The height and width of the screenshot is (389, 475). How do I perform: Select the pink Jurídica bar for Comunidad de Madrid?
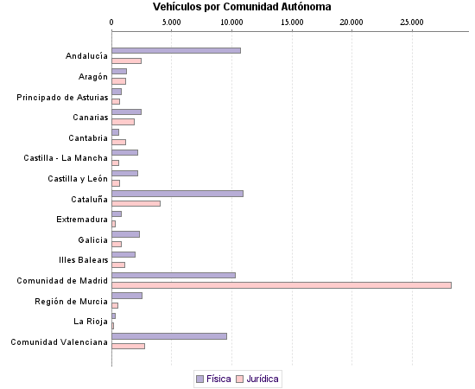[282, 285]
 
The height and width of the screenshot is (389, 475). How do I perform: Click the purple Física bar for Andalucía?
[176, 51]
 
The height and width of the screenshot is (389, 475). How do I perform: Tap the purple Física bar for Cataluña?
[177, 193]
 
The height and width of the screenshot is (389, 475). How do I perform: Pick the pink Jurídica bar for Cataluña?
[136, 203]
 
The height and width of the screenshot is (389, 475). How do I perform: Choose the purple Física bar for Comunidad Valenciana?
[169, 335]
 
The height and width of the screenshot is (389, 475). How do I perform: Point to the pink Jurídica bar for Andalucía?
[126, 61]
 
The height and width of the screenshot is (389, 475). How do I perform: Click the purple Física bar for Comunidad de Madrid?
[174, 275]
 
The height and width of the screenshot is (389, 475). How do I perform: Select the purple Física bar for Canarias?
[126, 112]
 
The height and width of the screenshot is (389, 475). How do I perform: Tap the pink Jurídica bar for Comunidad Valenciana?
[128, 346]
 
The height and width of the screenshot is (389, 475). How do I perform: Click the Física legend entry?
[212, 379]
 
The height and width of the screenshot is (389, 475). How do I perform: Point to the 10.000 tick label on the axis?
[231, 22]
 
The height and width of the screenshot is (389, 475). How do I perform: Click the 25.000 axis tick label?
[412, 22]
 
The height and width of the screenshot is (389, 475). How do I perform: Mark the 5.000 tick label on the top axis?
[172, 22]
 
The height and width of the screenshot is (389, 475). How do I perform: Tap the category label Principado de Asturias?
[62, 97]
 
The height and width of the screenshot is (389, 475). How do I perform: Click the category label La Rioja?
[91, 321]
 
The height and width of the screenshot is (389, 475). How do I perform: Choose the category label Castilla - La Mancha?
[66, 158]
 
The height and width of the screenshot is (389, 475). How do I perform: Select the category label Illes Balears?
[83, 259]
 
